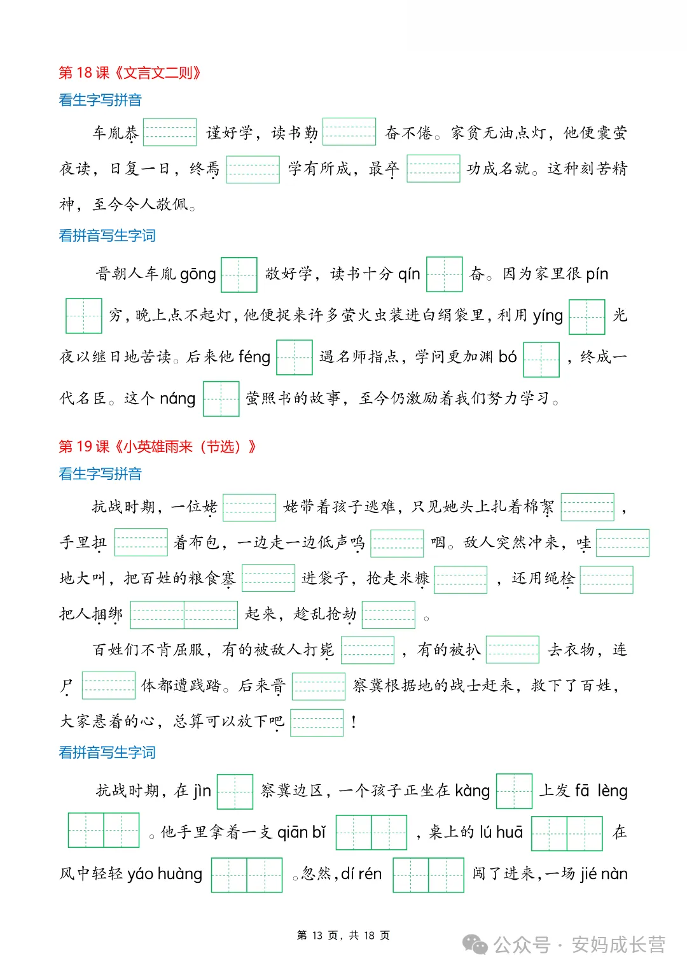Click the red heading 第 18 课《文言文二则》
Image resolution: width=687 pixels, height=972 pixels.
click(130, 73)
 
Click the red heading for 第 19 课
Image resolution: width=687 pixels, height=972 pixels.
click(157, 446)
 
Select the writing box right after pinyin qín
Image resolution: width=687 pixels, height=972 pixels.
click(444, 274)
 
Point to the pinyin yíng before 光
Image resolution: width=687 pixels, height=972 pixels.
click(548, 316)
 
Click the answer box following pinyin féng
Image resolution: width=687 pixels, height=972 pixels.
click(295, 357)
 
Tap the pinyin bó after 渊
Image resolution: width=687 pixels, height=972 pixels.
click(508, 357)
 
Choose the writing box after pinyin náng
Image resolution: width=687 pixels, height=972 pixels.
click(221, 398)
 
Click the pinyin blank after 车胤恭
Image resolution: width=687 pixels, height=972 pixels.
click(170, 132)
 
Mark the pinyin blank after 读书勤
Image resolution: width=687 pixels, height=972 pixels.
click(349, 132)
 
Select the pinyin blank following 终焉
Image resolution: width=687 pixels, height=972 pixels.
click(253, 169)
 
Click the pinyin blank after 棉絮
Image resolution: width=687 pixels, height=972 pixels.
click(588, 507)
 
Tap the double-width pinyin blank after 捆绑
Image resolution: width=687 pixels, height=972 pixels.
click(184, 614)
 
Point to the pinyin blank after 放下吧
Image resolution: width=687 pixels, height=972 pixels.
click(317, 722)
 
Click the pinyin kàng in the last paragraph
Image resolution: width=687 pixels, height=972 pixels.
click(472, 791)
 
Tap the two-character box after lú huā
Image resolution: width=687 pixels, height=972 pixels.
click(567, 833)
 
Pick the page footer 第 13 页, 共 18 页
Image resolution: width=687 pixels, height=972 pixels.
click(343, 935)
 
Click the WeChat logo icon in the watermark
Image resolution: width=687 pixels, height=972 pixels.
click(475, 945)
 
